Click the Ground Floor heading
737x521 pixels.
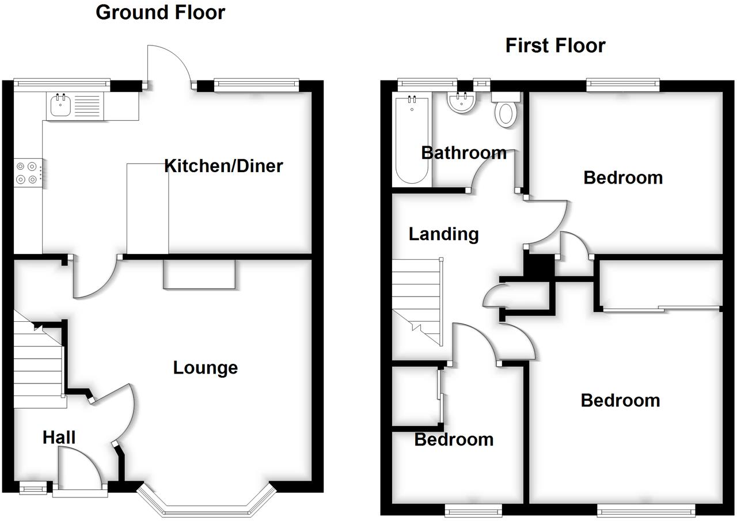160,12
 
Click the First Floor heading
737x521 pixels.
555,45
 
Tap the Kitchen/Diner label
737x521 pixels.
223,166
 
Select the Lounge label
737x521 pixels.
206,367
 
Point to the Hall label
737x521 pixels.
59,438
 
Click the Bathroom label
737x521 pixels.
464,153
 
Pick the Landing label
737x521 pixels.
443,234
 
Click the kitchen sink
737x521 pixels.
60,105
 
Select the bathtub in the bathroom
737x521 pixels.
411,140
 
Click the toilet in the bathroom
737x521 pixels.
506,111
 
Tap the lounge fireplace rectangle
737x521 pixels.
199,274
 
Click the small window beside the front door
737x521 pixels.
33,489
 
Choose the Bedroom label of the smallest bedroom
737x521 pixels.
454,440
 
